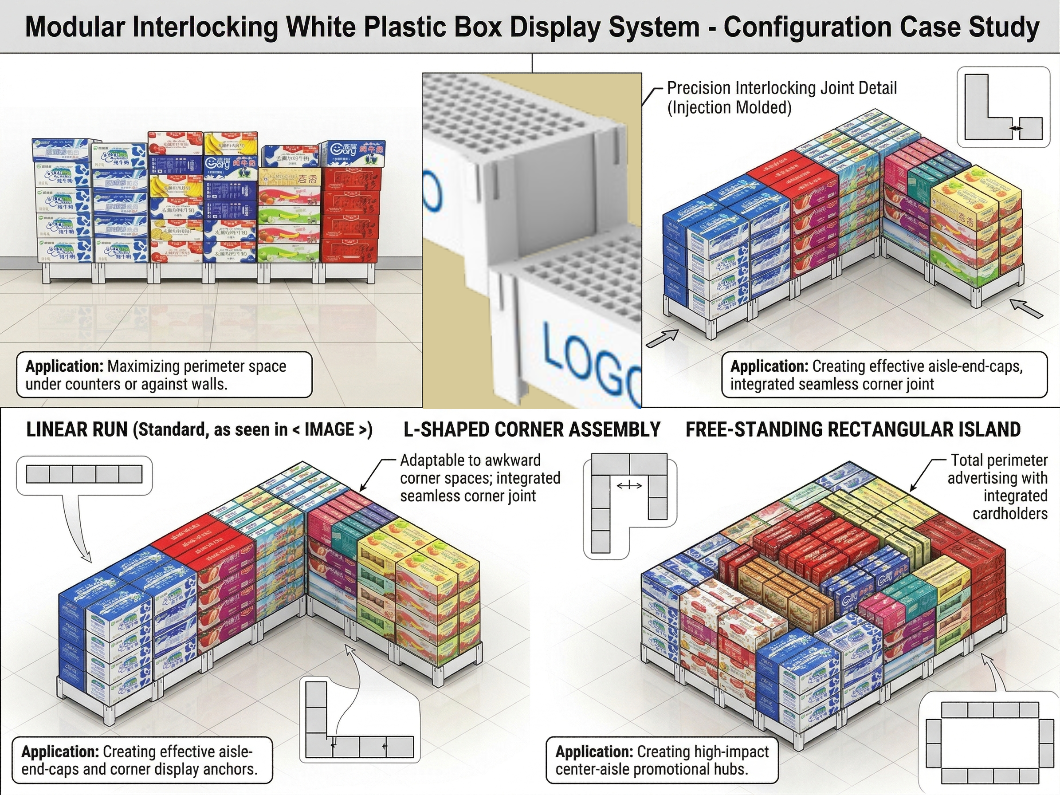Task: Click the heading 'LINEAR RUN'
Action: [77, 430]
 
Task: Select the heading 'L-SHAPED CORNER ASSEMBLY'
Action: [532, 430]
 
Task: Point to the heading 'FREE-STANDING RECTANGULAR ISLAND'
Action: [853, 430]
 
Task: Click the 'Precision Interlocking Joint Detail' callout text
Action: [781, 89]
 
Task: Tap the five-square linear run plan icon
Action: [84, 474]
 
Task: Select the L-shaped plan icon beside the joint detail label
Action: [1003, 107]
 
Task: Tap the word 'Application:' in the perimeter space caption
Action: [64, 366]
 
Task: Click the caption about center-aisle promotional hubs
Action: [661, 760]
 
